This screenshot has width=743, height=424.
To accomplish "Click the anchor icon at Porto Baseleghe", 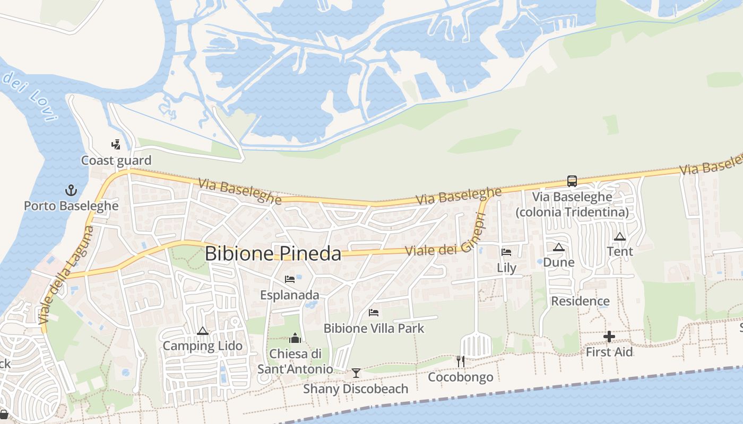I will pyautogui.click(x=71, y=190).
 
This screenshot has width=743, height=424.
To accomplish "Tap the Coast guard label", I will pyautogui.click(x=116, y=160).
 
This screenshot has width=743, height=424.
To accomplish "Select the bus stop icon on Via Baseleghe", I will pyautogui.click(x=572, y=181).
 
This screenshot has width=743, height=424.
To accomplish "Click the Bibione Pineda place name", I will pyautogui.click(x=273, y=253).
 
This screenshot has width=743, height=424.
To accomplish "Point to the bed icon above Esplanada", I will pyautogui.click(x=290, y=279).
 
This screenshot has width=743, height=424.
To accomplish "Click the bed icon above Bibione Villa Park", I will pyautogui.click(x=374, y=313).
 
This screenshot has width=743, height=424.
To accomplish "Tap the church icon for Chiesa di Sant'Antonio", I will pyautogui.click(x=295, y=338).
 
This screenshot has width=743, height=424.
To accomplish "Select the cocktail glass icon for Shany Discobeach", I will pyautogui.click(x=356, y=373).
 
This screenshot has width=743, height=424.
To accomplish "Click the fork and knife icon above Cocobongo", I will pyautogui.click(x=461, y=361).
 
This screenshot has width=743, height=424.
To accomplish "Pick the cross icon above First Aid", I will pyautogui.click(x=609, y=337).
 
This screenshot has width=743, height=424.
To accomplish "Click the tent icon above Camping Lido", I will pyautogui.click(x=202, y=331).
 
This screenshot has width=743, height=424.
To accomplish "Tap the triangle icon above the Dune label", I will pyautogui.click(x=558, y=247).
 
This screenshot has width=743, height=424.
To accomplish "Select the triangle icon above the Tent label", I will pyautogui.click(x=619, y=236).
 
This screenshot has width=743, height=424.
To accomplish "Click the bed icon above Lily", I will pyautogui.click(x=506, y=252).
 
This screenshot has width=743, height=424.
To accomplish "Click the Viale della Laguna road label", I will pyautogui.click(x=66, y=275).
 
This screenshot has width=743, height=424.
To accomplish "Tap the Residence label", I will pyautogui.click(x=580, y=301).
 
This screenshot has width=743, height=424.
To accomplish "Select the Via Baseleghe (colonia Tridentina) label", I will pyautogui.click(x=572, y=205).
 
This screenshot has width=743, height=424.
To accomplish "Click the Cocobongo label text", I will pyautogui.click(x=461, y=377).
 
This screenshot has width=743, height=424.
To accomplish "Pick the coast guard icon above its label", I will pyautogui.click(x=116, y=144).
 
